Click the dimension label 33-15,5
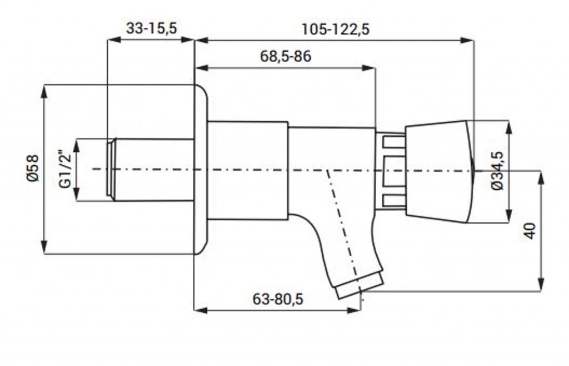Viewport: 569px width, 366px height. tap(151, 28)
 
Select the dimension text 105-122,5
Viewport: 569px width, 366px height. tap(335, 29)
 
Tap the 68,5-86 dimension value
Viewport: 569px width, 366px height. tap(286, 56)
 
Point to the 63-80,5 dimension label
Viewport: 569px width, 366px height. tap(278, 299)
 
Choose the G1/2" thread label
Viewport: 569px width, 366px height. tap(66, 169)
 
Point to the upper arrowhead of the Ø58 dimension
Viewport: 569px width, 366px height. tap(44, 92)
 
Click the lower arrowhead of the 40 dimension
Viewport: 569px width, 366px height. tap(541, 284)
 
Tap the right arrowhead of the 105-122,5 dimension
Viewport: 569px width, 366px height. tap(467, 40)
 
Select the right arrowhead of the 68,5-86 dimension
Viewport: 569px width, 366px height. tap(368, 67)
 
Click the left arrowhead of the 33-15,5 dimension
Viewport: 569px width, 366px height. tap(115, 40)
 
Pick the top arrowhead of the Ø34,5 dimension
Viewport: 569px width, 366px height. tap(509, 128)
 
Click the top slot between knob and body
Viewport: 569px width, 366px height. tap(395, 142)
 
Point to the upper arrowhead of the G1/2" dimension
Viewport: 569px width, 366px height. tap(77, 146)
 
